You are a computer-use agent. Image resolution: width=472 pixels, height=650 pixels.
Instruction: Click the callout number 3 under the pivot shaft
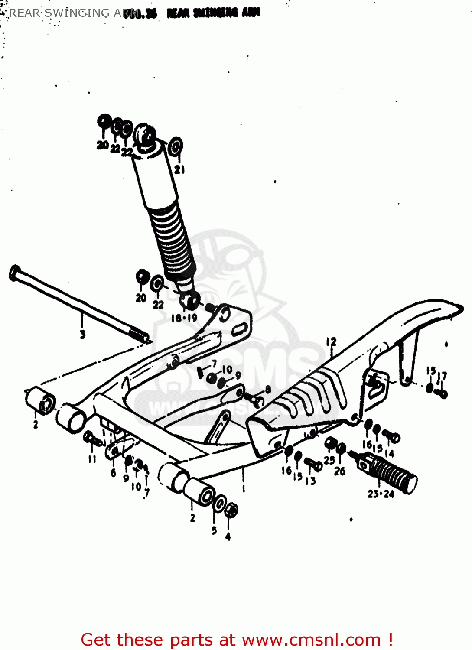(82, 334)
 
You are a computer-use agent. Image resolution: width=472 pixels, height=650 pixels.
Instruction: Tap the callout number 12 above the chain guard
(332, 342)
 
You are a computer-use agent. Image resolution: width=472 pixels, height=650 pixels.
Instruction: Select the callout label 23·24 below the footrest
(381, 494)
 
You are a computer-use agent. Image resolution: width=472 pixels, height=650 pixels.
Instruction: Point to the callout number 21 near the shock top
(179, 170)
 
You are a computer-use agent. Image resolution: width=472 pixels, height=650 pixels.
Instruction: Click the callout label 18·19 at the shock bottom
(184, 318)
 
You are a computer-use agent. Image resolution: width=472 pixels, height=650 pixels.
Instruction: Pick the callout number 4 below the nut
(228, 536)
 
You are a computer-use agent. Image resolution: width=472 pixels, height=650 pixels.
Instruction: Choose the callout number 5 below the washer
(214, 530)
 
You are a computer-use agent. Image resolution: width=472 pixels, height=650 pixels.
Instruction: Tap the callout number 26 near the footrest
(340, 471)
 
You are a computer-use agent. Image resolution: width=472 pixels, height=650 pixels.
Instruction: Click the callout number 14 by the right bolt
(389, 453)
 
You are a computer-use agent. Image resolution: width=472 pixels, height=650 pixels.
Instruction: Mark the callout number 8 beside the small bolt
(268, 390)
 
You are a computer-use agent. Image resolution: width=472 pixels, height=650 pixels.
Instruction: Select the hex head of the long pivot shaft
(15, 273)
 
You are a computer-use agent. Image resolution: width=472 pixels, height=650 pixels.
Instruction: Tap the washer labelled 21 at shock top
(175, 147)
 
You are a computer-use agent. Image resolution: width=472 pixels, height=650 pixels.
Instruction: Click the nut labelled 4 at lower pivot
(232, 510)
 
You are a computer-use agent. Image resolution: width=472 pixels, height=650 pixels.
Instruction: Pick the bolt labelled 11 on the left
(93, 439)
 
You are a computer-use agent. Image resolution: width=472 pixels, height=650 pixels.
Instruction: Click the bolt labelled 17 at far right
(442, 393)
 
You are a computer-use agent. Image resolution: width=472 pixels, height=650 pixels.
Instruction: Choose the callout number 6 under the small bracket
(113, 473)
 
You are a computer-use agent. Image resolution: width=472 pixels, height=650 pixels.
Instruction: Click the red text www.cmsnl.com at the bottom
(311, 640)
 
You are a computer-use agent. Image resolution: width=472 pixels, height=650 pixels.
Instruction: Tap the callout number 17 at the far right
(442, 376)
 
